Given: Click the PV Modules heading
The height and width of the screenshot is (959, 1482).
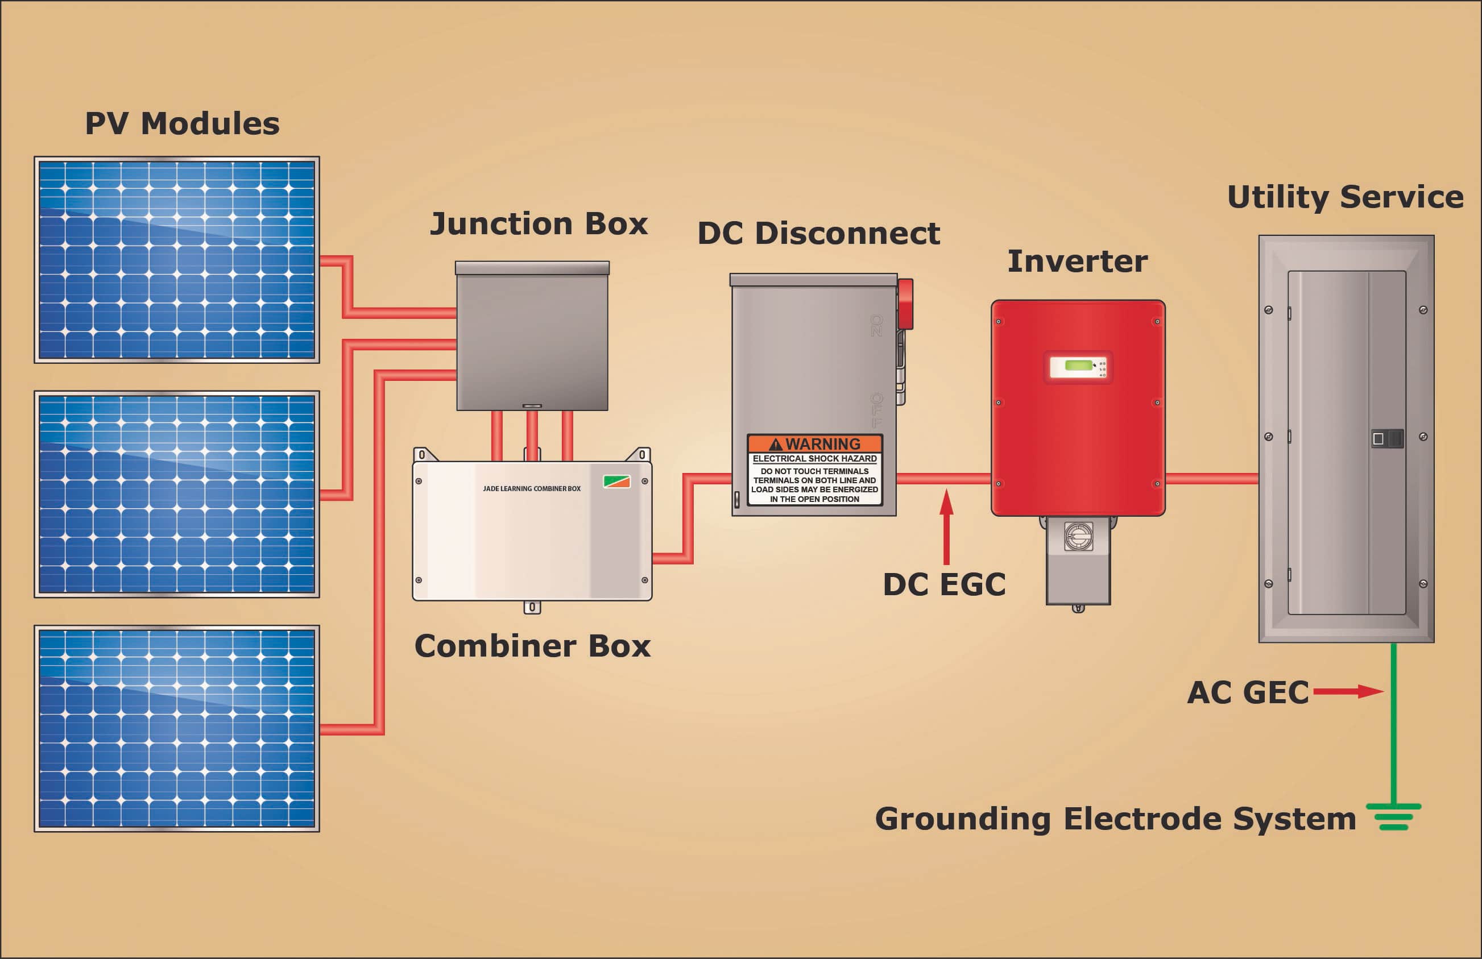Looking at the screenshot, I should tap(182, 123).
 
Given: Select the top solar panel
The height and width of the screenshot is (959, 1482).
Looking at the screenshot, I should tap(177, 260).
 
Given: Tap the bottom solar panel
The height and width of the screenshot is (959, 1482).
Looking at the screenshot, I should tap(177, 728).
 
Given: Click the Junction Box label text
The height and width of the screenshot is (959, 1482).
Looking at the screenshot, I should tap(539, 223).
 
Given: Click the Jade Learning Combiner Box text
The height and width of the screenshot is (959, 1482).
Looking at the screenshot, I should tap(531, 488).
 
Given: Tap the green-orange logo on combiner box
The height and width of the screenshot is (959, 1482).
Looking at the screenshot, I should tap(616, 481).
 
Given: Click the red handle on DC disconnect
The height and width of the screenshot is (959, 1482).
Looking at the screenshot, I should tap(905, 304).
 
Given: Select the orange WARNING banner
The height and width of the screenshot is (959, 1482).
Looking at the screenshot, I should tap(814, 444).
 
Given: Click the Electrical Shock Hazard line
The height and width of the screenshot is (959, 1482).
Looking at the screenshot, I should tap(814, 459).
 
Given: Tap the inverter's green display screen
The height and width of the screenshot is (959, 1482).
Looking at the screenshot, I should tap(1078, 366).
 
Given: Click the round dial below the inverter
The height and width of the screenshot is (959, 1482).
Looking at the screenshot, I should tap(1078, 537).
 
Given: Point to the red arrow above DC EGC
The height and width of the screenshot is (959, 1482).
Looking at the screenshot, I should tap(946, 526).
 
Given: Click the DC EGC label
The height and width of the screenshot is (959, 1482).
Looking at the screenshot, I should tap(944, 584).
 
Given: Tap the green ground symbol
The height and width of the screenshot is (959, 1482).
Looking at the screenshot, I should tap(1394, 816).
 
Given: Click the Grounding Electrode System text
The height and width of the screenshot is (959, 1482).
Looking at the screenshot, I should tap(1115, 819).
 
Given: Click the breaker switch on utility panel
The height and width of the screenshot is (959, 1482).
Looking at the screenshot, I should tap(1388, 438).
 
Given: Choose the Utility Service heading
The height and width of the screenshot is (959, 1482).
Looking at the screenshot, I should tap(1345, 197).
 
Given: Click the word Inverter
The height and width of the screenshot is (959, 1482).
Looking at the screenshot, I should tap(1077, 261).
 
